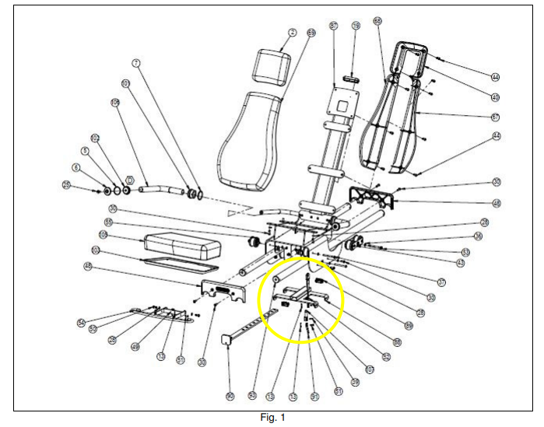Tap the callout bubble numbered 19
[x=356, y=26]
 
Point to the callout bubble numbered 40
[x=495, y=97]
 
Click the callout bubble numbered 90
[x=230, y=397]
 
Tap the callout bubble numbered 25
[x=67, y=185]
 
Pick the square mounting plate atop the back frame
[x=343, y=100]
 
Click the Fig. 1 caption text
[x=272, y=418]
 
